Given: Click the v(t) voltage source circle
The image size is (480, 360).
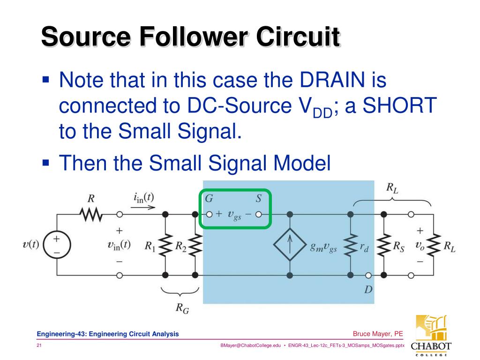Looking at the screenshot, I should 56,245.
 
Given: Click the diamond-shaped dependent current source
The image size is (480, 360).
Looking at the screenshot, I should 290,245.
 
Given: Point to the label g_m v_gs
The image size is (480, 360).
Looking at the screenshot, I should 323,248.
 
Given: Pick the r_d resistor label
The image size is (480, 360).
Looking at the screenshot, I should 364,248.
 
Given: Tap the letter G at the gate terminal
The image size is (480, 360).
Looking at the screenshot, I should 209,199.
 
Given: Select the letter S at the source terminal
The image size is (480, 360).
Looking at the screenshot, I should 258,199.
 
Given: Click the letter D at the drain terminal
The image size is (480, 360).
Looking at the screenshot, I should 368,289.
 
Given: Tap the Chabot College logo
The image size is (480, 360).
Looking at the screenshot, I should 430,335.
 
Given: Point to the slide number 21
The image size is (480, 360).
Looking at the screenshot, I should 39,345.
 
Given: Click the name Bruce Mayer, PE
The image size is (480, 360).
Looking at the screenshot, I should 378,334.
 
